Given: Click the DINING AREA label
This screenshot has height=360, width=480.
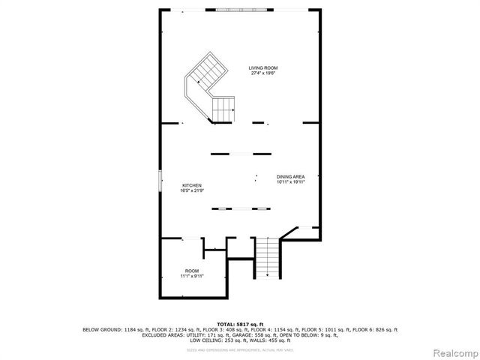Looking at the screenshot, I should [289, 176].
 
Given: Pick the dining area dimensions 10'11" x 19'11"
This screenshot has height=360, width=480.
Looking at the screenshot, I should [289, 181].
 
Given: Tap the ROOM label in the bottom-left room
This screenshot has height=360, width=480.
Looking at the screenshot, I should [192, 270].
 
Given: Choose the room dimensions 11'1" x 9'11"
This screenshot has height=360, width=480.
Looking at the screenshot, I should [192, 275].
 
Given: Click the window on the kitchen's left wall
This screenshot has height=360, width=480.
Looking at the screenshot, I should [160, 181].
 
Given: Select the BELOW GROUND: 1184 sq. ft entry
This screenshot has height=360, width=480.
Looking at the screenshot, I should [112, 329].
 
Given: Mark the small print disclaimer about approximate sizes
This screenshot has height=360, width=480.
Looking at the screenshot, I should [240, 348].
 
